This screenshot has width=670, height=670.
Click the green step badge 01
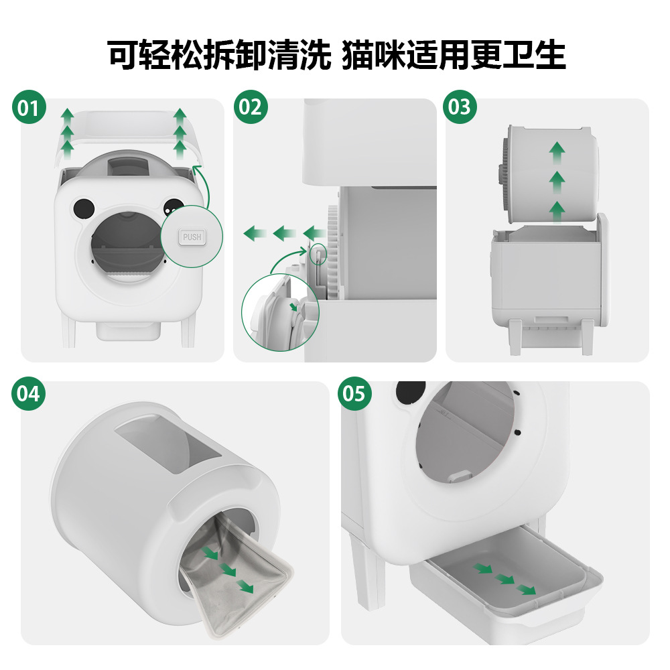point(29,107)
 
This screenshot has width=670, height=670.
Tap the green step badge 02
point(250,107)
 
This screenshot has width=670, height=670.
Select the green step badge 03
point(460,107)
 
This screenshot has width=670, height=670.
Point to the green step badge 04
point(29,393)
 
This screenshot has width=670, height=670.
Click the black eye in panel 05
point(410,392)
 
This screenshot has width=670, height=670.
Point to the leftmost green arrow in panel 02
point(253,234)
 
